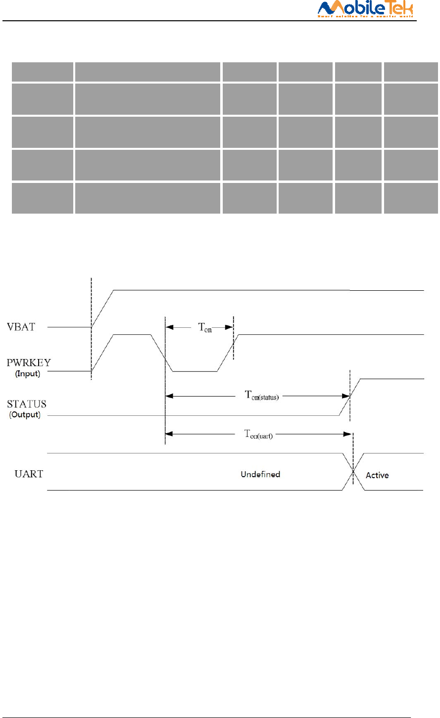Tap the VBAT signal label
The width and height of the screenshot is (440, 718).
tap(21, 327)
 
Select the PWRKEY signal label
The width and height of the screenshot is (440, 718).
tap(29, 363)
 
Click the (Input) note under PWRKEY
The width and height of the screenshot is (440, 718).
tap(28, 374)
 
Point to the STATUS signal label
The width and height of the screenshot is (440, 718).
tap(27, 404)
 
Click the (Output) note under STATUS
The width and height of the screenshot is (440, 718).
tap(25, 415)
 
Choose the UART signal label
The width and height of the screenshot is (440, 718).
tap(29, 474)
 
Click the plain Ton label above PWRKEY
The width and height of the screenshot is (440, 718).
tap(205, 327)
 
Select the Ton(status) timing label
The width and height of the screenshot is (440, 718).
tap(262, 396)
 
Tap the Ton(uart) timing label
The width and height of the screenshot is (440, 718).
tap(258, 435)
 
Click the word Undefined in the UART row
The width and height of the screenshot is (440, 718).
tap(260, 475)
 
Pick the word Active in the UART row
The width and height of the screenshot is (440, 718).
tap(377, 476)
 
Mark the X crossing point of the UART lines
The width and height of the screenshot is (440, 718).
tap(353, 472)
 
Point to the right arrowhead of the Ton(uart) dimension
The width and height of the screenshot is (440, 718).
tap(348, 434)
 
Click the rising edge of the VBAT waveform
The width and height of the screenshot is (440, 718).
tap(103, 309)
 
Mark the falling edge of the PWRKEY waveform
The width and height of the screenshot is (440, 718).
tap(161, 353)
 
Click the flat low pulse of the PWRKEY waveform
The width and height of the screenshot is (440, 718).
tap(195, 371)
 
